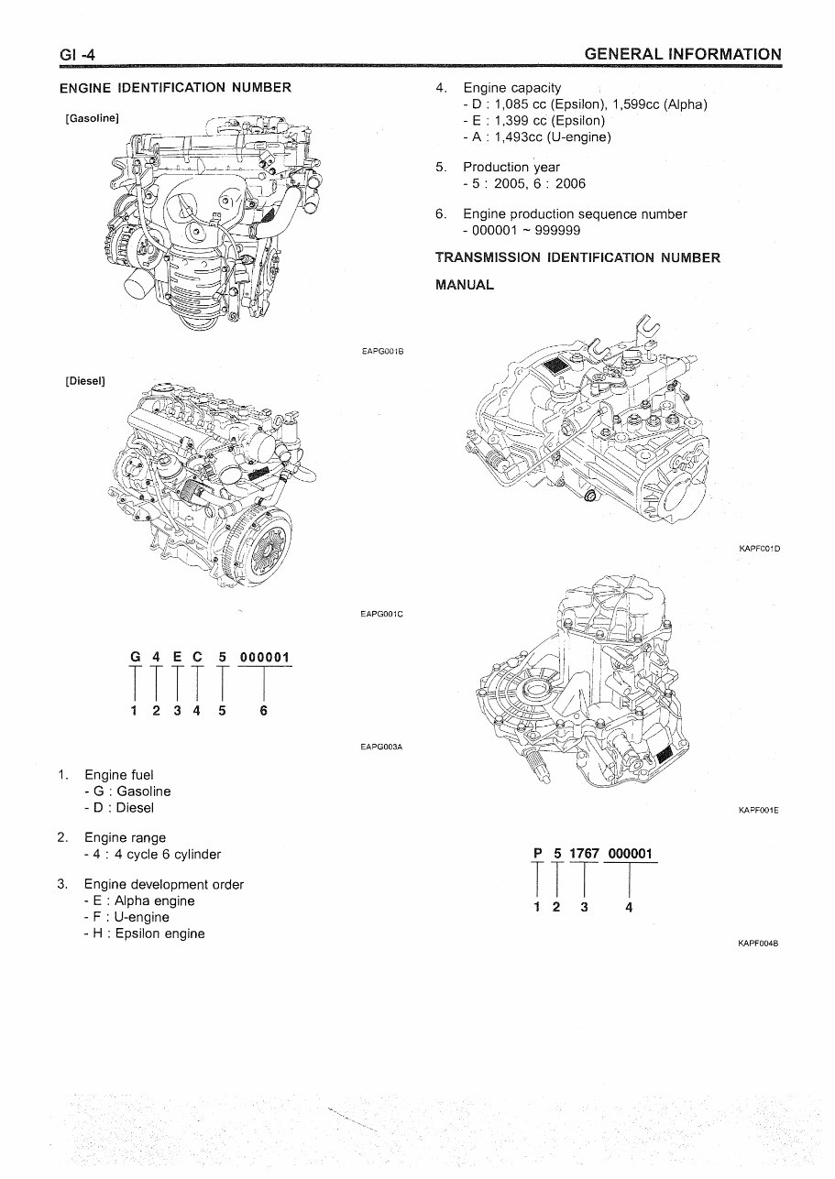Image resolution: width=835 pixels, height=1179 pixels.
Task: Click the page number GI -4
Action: coord(78,57)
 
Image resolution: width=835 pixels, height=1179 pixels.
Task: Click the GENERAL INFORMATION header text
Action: coord(683,55)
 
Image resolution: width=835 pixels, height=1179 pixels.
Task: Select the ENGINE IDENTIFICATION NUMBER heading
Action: coord(175,88)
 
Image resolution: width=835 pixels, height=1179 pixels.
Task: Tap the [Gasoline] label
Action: coord(93,118)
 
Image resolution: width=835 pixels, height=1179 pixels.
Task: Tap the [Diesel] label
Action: coord(85,381)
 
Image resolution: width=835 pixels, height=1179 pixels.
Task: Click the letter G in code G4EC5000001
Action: coord(136,657)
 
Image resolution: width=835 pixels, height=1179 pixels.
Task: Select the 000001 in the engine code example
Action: coord(264,657)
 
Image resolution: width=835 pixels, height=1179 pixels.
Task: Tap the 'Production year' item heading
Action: coord(511,167)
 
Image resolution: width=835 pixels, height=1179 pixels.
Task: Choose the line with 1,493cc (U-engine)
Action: coord(537,137)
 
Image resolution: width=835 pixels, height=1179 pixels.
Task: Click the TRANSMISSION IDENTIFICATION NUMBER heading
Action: coord(577,257)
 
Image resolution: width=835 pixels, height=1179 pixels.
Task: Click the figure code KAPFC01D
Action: coord(758,549)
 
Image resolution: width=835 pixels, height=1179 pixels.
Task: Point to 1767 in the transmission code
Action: coord(584,854)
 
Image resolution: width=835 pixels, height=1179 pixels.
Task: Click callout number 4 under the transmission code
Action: coord(629,908)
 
